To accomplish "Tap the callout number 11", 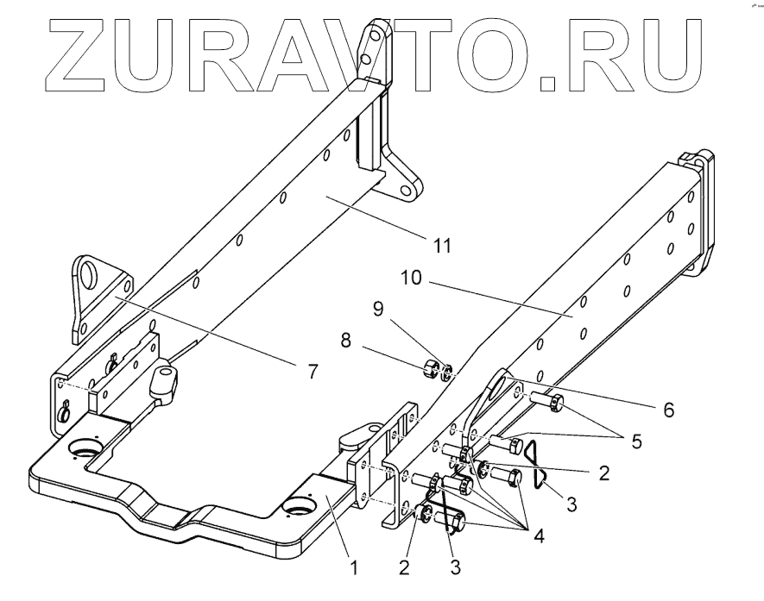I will click(x=441, y=247).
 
